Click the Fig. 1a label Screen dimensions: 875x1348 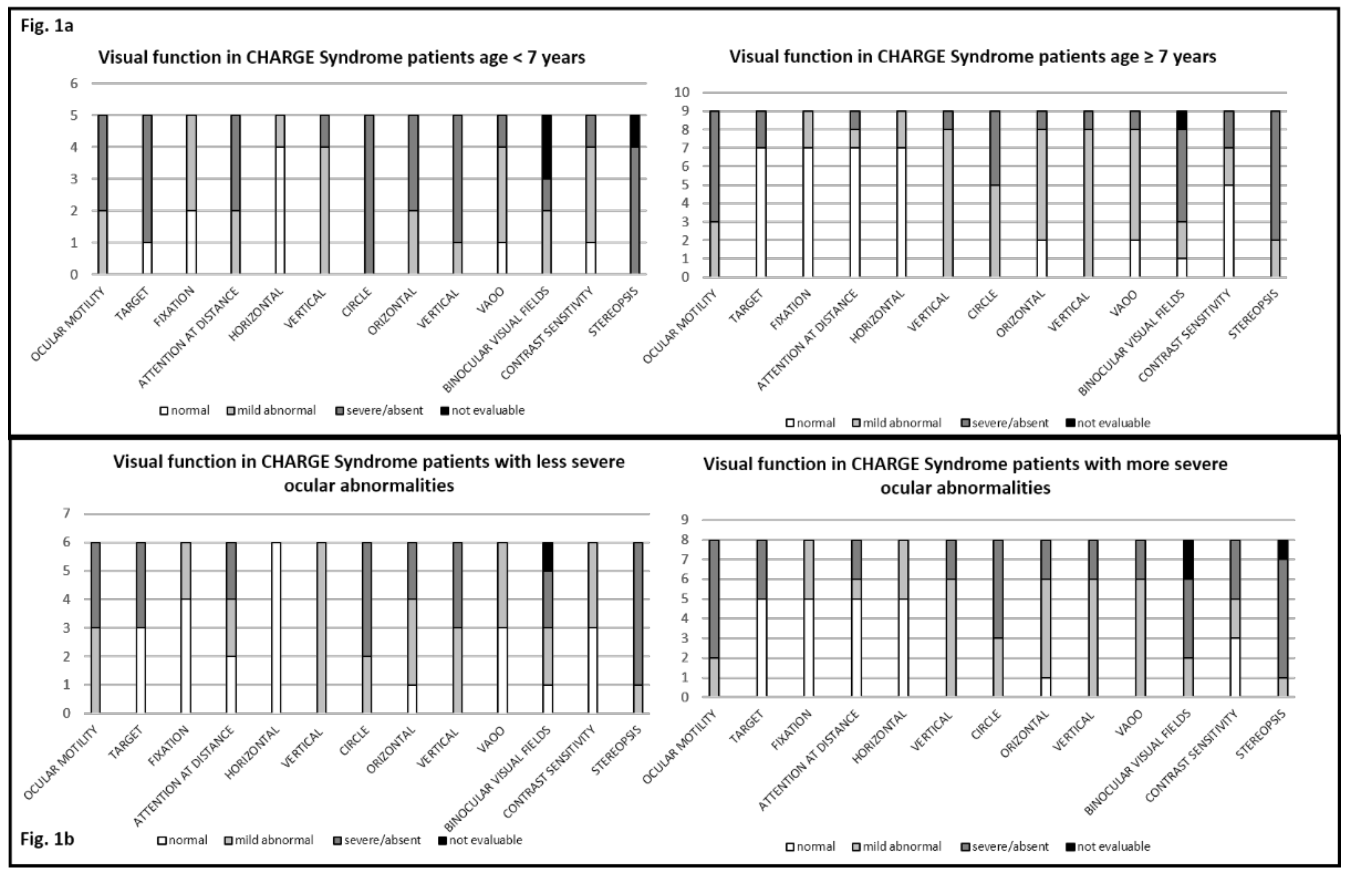(x=47, y=26)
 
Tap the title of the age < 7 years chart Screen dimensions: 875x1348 (x=341, y=57)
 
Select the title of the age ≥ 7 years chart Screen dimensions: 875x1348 (x=972, y=57)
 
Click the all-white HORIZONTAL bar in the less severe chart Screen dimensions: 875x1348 (x=276, y=627)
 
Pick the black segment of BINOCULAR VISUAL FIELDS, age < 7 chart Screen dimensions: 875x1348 (x=547, y=147)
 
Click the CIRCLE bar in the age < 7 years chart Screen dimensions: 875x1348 (x=369, y=194)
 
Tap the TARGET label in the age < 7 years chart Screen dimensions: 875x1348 (x=132, y=304)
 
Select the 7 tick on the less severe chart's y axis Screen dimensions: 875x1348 (x=67, y=514)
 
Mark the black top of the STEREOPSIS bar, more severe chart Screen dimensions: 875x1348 (x=1283, y=549)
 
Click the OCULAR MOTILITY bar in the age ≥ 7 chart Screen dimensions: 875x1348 (x=714, y=194)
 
